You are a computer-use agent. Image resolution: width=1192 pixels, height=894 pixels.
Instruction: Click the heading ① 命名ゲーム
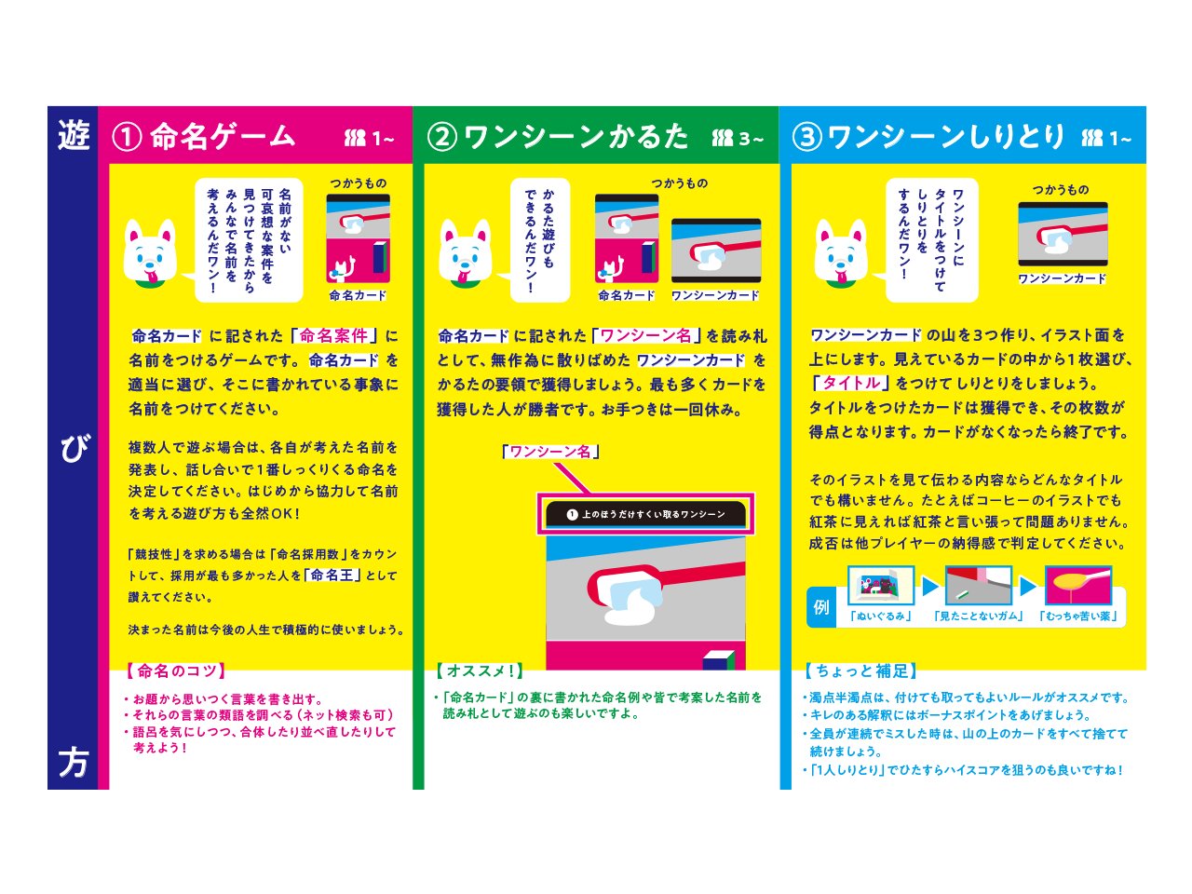[x=203, y=137]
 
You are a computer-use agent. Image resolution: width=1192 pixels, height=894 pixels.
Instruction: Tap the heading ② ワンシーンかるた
[x=558, y=137]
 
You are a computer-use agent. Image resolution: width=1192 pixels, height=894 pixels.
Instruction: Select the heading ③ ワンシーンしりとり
[x=928, y=137]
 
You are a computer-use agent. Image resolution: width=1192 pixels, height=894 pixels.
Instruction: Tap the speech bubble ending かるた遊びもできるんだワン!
[x=539, y=239]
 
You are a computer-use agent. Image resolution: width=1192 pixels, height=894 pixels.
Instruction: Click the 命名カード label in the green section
[x=626, y=295]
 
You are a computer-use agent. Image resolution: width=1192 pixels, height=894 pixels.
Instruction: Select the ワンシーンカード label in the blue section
[x=1063, y=278]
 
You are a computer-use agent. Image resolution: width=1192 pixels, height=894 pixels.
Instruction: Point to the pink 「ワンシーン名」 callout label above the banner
[x=549, y=452]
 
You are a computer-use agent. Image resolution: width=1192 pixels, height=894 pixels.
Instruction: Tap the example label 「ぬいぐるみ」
[x=881, y=616]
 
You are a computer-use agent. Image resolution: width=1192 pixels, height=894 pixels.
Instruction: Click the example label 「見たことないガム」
[x=979, y=616]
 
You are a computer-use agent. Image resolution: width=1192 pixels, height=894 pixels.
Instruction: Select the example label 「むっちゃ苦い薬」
[x=1078, y=616]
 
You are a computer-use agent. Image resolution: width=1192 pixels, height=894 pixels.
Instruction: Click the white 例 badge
[x=821, y=607]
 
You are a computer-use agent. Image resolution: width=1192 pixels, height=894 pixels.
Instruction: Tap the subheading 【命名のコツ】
[x=176, y=670]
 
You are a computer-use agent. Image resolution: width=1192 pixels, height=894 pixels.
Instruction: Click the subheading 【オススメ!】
[x=480, y=670]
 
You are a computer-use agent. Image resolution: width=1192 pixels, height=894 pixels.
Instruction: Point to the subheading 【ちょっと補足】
[x=860, y=670]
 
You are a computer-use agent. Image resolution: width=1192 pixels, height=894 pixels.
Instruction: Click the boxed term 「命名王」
[x=332, y=575]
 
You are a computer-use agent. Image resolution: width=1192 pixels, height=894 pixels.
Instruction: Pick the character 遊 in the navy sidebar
[x=73, y=137]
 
